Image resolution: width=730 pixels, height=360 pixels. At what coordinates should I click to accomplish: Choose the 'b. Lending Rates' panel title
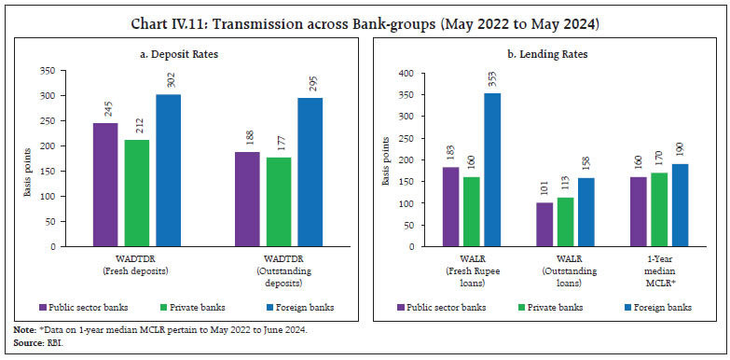click(544, 55)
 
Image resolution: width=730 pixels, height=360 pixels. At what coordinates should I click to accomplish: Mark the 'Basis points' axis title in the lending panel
click(385, 159)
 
